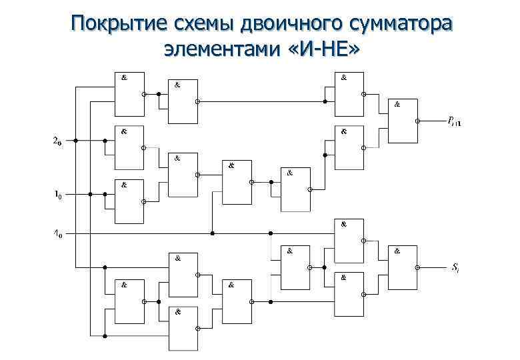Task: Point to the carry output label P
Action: coord(456,121)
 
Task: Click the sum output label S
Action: coord(455,267)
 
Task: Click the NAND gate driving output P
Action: coord(403,121)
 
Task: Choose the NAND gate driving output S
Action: coord(403,267)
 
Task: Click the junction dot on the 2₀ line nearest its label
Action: coord(76,141)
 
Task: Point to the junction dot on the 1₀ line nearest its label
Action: coord(90,195)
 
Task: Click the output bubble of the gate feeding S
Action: coord(417,267)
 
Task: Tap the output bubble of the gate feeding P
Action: coord(417,121)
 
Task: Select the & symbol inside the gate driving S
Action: coord(397,251)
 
